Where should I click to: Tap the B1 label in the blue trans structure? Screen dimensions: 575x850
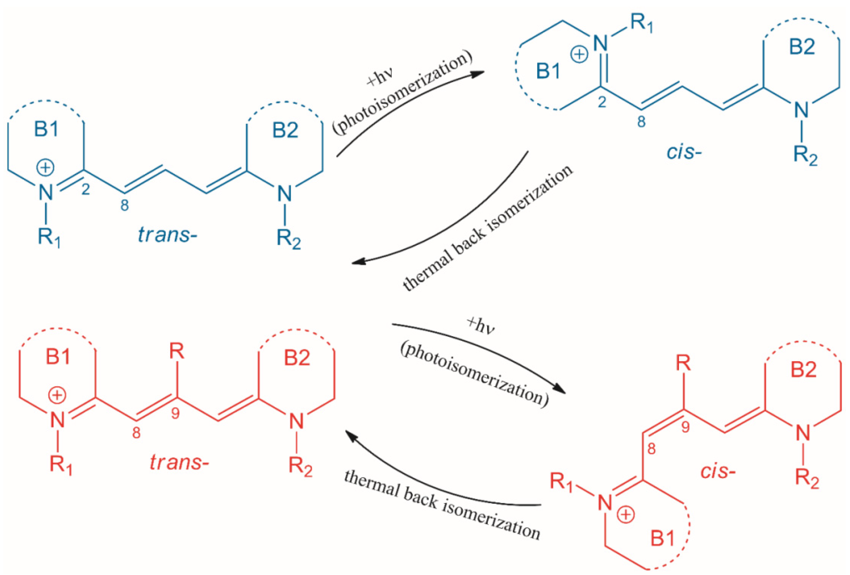tap(47, 129)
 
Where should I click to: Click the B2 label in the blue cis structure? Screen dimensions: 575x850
tap(802, 47)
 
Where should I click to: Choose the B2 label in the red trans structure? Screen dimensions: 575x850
tap(297, 357)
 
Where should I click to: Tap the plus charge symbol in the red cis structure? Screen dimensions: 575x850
tap(626, 514)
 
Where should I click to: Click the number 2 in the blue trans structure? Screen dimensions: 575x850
tap(86, 190)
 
